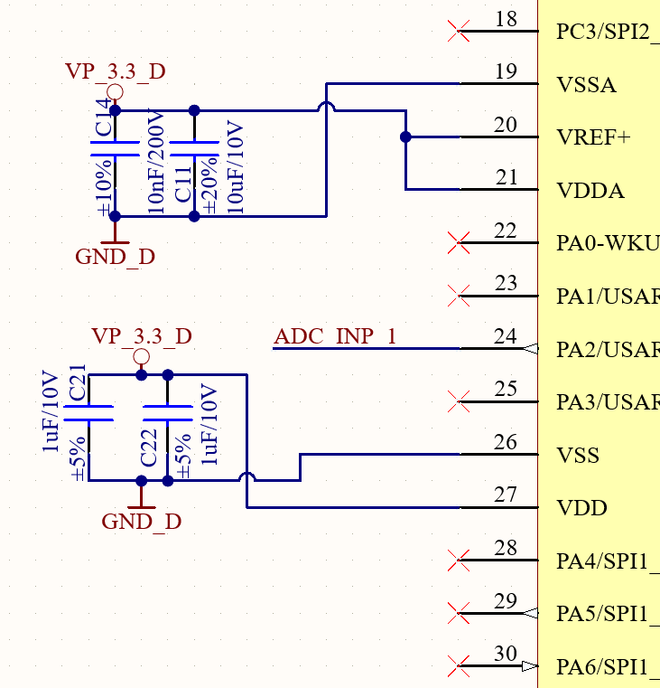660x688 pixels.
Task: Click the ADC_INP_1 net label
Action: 335,337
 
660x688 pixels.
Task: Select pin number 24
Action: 506,337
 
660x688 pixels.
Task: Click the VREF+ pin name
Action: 593,138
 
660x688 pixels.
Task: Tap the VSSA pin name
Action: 587,85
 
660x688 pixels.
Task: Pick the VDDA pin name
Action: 590,192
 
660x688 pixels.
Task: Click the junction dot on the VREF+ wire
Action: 405,137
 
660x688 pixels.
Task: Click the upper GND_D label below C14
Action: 115,257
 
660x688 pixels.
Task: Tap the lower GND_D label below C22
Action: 141,522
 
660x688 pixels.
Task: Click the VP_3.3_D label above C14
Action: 115,71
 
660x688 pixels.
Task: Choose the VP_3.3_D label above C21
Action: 141,336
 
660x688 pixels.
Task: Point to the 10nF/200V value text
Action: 156,163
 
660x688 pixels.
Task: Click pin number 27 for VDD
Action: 506,495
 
